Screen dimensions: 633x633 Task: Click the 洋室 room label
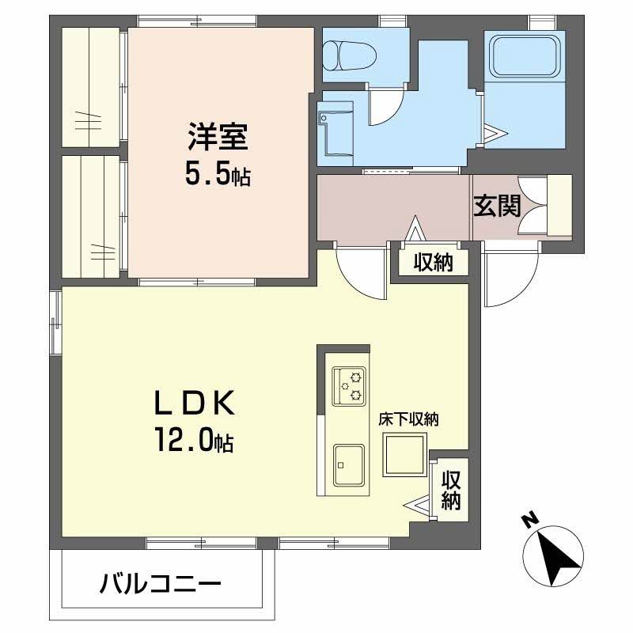(x=218, y=136)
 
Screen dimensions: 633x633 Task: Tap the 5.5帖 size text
(x=218, y=174)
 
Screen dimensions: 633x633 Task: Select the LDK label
(x=194, y=404)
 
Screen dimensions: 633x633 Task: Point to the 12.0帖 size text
(x=194, y=440)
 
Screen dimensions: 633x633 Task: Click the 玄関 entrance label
(x=498, y=206)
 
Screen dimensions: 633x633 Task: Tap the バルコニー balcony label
(x=161, y=584)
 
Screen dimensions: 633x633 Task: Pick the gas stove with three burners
(x=349, y=385)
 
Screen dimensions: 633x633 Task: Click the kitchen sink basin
(x=349, y=464)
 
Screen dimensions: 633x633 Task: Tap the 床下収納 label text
(x=408, y=420)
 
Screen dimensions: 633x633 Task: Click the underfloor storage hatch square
(x=405, y=454)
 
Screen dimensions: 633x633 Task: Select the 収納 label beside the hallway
(x=433, y=263)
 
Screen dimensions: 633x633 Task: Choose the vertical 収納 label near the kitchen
(x=450, y=490)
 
